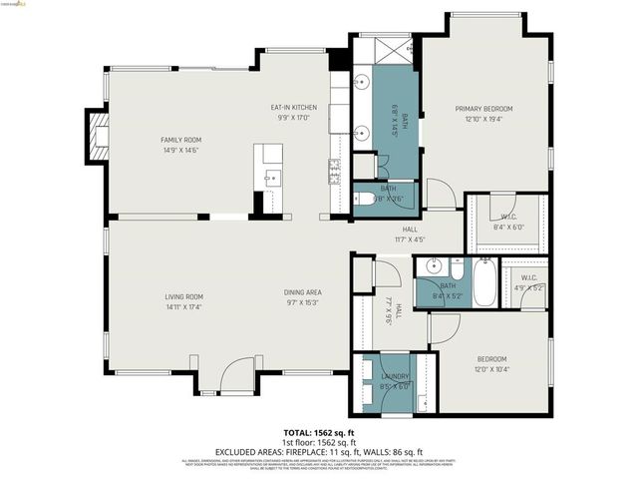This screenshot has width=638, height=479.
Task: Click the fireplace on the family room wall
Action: point(97,135)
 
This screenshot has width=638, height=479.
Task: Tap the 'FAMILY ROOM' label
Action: point(180,140)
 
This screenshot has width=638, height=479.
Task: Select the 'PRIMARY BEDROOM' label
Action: point(483,108)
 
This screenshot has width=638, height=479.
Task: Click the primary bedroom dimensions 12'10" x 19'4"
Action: point(483,119)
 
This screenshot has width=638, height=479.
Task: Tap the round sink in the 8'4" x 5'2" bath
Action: point(432,267)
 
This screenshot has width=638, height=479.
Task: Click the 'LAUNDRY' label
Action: point(394,377)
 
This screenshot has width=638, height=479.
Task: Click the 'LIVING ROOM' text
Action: point(184,296)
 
